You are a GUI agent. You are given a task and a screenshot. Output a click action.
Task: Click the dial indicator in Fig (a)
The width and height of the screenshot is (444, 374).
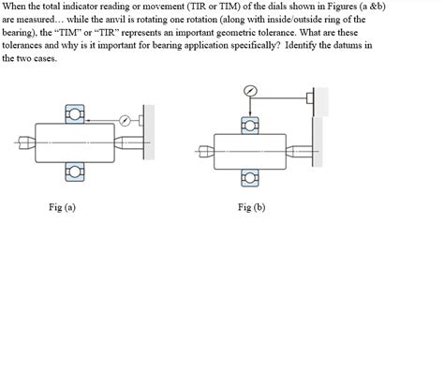tap(125, 120)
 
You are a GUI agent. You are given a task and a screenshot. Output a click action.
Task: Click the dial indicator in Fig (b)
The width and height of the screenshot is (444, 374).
tap(249, 92)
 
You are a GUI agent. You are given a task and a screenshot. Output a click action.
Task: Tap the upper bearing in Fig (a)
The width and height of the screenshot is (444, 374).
tap(74, 113)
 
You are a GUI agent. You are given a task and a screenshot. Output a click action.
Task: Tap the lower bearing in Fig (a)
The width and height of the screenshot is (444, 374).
tap(74, 172)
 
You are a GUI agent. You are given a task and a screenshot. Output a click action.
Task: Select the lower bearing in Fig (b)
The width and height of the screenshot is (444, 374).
tap(249, 177)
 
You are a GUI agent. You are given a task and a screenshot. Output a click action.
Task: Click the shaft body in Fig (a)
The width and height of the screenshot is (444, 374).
tap(73, 142)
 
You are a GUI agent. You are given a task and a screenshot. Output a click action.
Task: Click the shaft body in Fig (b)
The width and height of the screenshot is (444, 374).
tap(249, 149)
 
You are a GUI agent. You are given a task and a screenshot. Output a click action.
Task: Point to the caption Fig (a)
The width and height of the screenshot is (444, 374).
tap(62, 207)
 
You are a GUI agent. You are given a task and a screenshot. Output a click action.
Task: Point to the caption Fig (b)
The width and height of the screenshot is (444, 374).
tap(252, 207)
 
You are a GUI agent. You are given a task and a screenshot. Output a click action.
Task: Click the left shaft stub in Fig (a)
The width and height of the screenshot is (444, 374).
tap(23, 142)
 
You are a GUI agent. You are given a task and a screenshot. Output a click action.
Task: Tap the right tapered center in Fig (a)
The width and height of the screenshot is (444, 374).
tap(126, 142)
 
